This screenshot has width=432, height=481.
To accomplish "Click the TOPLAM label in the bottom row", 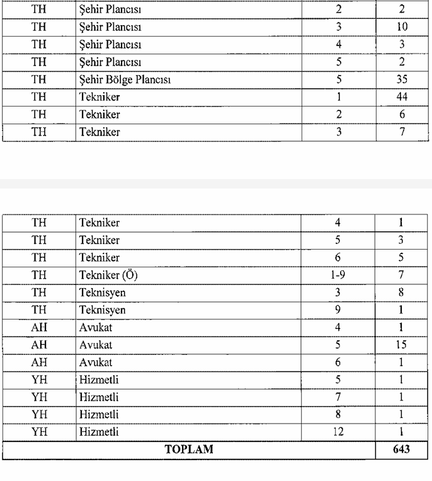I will click(189, 450).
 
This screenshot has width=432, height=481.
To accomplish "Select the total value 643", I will click(401, 450).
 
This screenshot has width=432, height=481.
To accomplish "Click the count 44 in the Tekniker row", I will click(402, 97).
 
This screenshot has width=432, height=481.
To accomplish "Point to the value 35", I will click(402, 80).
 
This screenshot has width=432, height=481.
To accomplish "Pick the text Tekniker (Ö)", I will click(108, 275).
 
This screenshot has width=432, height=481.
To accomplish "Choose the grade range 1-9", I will click(339, 275).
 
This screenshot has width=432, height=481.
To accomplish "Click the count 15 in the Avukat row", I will click(401, 345).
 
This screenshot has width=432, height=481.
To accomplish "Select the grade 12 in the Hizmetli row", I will click(339, 432).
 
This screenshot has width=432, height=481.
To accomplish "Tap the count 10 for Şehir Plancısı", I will click(402, 27).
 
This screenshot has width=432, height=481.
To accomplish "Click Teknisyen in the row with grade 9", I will click(102, 310).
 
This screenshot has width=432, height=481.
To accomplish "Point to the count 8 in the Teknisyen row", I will click(401, 293).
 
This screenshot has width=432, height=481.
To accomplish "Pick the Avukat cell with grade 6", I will click(95, 363).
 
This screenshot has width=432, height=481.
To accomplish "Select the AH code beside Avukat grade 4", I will click(39, 328).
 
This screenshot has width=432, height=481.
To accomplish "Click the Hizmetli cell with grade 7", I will click(99, 398).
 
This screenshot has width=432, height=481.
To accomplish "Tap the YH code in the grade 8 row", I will click(39, 415).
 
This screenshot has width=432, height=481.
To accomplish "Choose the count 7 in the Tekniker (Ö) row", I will click(401, 275).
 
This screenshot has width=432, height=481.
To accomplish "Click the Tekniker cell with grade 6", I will click(99, 258).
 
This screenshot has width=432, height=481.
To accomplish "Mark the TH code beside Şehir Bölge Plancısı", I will click(39, 80).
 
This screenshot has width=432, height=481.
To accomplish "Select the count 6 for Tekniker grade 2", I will click(402, 115).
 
